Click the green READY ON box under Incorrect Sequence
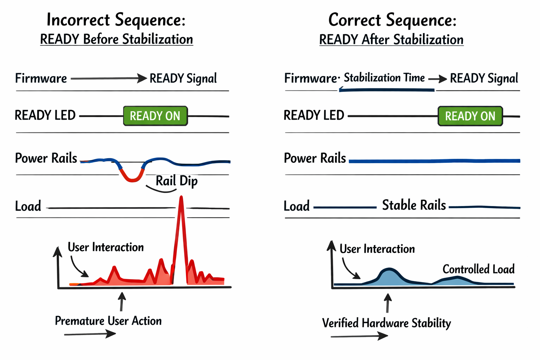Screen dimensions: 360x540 coord(155,116)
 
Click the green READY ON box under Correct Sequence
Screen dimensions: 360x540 coord(470,116)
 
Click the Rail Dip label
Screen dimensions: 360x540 coord(176,181)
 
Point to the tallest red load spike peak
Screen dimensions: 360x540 coord(181,199)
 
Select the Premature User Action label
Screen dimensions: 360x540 coord(108,321)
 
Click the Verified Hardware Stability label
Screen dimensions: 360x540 coord(386,323)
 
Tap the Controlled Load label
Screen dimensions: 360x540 coord(478,269)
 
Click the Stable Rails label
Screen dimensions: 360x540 coord(414,205)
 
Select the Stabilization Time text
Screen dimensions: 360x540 coord(384,78)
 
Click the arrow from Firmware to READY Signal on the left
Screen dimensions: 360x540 coord(109,78)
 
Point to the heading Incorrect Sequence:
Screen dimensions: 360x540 coord(116,20)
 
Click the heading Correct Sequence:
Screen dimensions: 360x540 coord(392,20)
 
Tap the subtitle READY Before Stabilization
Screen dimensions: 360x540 coord(116,39)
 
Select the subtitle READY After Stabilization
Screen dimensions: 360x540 coord(391,40)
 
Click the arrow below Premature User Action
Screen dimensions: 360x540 coord(90,334)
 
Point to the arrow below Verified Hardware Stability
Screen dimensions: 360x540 coord(359,336)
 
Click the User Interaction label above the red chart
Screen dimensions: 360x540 coord(105,247)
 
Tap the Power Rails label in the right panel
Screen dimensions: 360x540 coord(315,158)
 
